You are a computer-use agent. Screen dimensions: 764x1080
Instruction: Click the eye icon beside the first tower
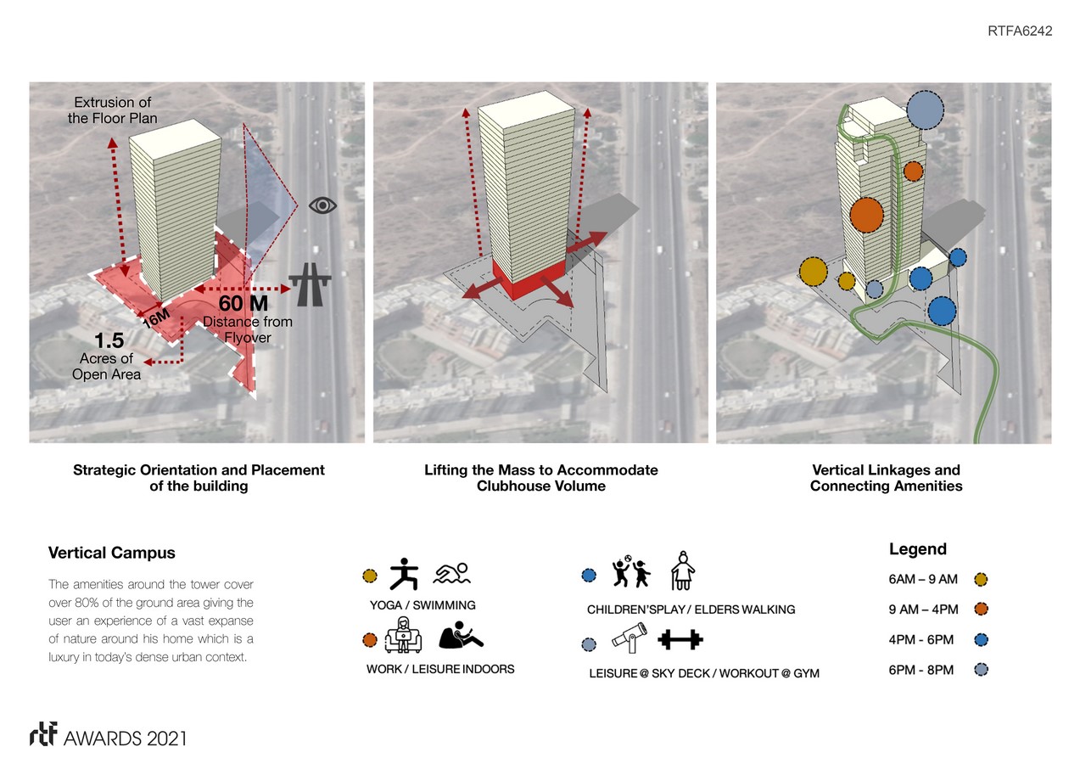[322, 205]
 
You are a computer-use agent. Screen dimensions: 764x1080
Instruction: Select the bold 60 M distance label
[243, 303]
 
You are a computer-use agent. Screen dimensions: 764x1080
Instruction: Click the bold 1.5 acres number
[109, 340]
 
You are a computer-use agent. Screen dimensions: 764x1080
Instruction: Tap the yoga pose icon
[405, 574]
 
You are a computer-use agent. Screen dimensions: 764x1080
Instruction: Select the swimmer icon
[451, 575]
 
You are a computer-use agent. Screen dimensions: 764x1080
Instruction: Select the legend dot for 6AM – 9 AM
[982, 580]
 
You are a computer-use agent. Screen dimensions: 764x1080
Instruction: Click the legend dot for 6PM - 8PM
[982, 670]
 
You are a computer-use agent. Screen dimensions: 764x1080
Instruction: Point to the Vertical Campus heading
[112, 553]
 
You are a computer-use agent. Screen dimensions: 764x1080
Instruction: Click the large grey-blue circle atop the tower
[925, 110]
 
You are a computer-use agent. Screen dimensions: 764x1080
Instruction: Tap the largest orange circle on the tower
[866, 215]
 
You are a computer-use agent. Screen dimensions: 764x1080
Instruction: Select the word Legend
[917, 549]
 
